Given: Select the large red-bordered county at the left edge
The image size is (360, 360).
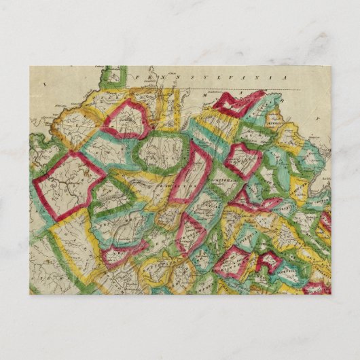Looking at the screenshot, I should coord(68,183).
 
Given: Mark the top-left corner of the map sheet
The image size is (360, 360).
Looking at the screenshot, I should coord(30,66).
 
